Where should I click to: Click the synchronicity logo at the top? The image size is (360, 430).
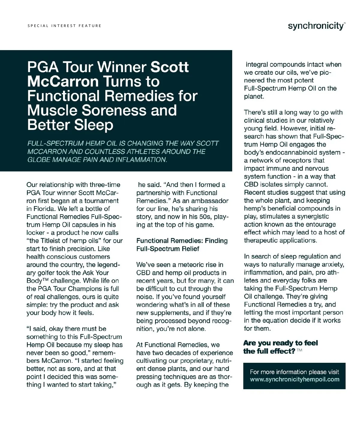point(316,26)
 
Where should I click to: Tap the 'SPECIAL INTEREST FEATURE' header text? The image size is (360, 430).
point(64,26)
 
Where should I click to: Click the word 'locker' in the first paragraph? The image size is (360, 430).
point(36,233)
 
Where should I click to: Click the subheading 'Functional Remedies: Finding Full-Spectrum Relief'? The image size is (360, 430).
point(182,245)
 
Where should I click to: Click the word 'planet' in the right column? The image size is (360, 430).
point(253,97)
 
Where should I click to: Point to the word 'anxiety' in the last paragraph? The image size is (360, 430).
point(331,265)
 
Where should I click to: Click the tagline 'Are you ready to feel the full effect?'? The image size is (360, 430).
point(280,347)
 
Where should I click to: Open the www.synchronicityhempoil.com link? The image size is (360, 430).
point(294,379)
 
